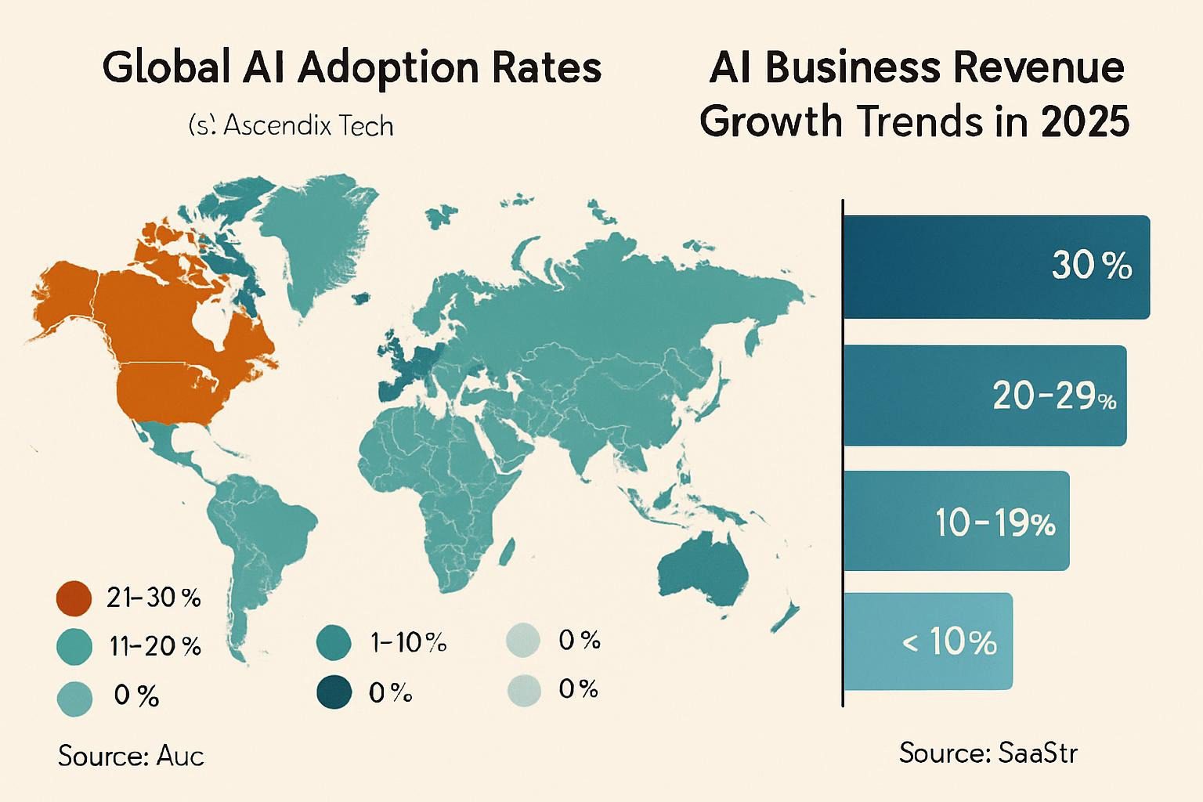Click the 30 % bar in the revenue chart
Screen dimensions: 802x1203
pyautogui.click(x=995, y=267)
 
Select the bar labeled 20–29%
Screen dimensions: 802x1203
pyautogui.click(x=984, y=396)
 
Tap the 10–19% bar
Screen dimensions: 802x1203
pyautogui.click(x=956, y=521)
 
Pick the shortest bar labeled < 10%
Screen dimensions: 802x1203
pyautogui.click(x=927, y=641)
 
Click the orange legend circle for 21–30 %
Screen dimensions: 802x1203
pyautogui.click(x=74, y=598)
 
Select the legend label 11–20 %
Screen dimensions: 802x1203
pyautogui.click(x=155, y=646)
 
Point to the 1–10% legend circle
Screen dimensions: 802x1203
pyautogui.click(x=334, y=643)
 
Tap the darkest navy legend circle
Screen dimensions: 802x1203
pyautogui.click(x=334, y=693)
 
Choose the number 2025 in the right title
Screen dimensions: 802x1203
pyautogui.click(x=1085, y=121)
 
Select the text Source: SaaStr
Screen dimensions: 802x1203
pyautogui.click(x=988, y=753)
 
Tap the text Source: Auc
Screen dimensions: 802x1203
pyautogui.click(x=131, y=756)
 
